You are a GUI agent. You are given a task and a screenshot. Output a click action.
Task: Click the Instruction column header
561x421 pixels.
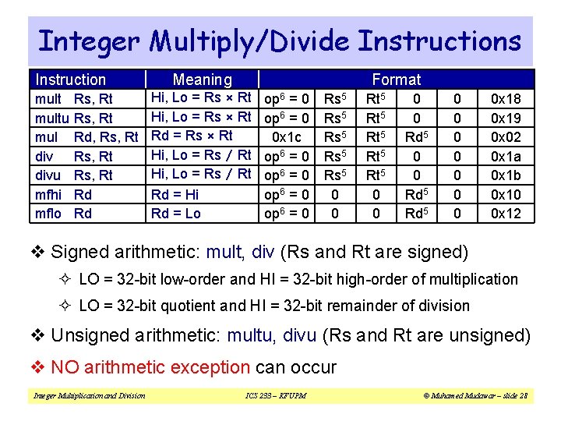point(71,80)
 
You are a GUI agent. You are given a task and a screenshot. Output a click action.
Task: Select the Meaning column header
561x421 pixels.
point(202,80)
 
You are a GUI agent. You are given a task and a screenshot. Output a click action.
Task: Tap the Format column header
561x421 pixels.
point(396,80)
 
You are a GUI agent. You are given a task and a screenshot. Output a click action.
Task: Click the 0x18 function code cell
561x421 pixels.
point(506,99)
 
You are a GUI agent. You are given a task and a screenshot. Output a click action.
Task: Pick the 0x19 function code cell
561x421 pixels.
point(506,118)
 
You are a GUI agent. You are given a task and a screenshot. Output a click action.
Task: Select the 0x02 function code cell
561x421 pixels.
point(506,136)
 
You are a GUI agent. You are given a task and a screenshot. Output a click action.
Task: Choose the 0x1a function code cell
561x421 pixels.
point(506,156)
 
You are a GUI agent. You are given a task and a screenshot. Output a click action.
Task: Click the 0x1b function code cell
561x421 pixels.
point(506,175)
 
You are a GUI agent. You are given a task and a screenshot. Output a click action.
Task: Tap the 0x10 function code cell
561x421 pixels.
point(506,194)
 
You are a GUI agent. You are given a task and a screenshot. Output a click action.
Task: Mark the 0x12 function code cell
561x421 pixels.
point(506,213)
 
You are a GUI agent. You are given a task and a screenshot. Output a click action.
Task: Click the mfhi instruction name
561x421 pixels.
point(49,194)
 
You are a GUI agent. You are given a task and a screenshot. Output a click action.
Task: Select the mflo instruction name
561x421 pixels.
point(49,213)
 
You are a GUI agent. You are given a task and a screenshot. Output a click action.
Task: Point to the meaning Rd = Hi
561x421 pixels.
point(175,194)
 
